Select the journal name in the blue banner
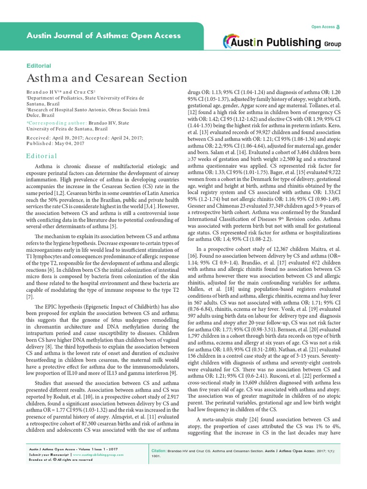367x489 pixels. tap(103, 36)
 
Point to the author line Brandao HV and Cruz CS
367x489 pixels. tap(61, 91)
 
